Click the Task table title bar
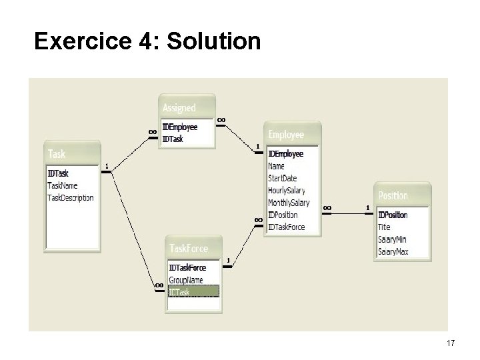coord(72,154)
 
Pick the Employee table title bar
coord(293,135)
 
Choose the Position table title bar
coord(403,195)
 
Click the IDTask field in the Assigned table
coord(173,139)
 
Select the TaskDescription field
coord(71,198)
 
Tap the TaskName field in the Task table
coord(63,186)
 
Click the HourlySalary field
coord(287,191)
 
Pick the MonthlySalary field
coord(289,203)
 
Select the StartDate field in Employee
coord(282,179)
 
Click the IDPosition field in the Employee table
coord(283,215)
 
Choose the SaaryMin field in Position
coord(393,239)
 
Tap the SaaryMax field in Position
coord(394,251)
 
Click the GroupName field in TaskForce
coord(187,279)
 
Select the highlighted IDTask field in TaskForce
coord(179,291)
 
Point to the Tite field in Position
coord(385,227)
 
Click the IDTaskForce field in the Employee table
coord(287,227)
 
